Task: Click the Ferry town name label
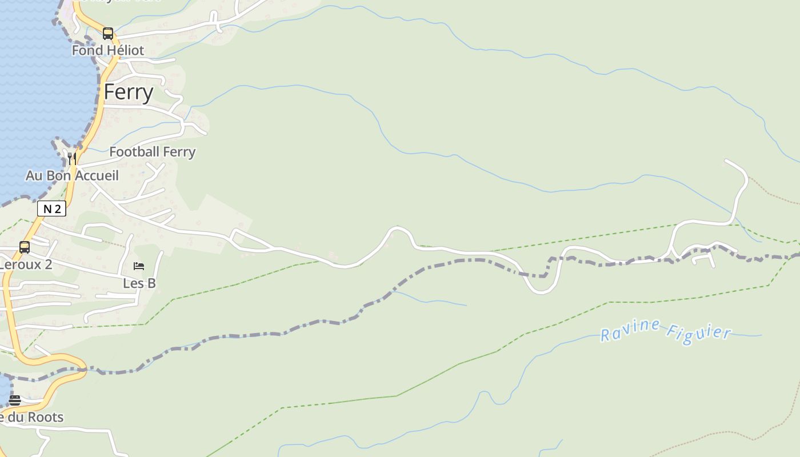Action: coord(129,92)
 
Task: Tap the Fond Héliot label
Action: coord(107,50)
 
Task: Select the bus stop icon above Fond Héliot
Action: coord(108,34)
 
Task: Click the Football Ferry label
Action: coord(152,152)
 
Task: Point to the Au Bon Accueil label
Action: coord(72,175)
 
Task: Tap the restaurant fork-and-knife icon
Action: coord(72,158)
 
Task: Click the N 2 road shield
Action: coord(51,209)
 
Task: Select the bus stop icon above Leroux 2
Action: coord(25,247)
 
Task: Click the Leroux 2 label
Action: coord(26,264)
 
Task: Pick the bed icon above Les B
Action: coord(139,266)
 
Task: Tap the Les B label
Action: coord(139,283)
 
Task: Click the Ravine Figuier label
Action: coord(666,331)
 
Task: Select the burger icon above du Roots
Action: coord(15,400)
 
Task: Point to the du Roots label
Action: coord(31,417)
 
